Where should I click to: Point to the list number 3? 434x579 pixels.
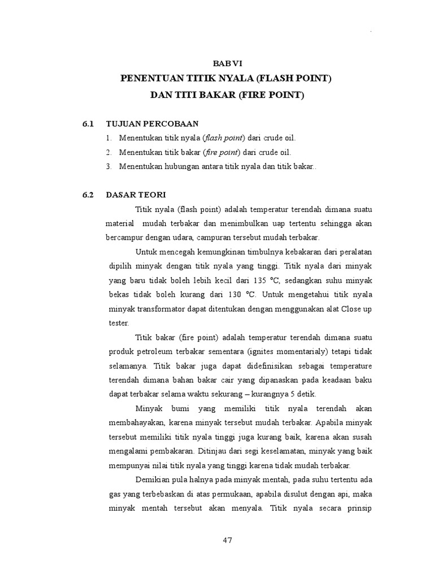(x=108, y=166)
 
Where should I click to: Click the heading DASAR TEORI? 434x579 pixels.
(x=136, y=195)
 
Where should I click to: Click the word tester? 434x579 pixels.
(x=118, y=323)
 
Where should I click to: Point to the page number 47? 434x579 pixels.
(x=228, y=540)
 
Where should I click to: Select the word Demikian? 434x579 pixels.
(x=153, y=480)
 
